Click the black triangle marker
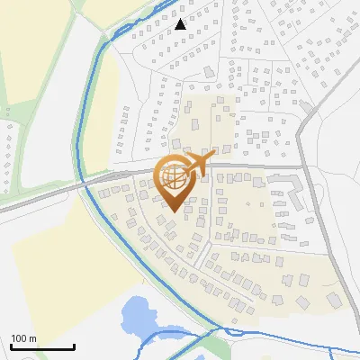(181, 24)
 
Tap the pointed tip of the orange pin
(175, 211)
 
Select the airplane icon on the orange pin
(198, 164)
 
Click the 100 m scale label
(24, 338)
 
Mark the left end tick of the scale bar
(11, 346)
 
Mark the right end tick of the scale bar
(74, 346)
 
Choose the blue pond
(137, 315)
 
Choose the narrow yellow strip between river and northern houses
(101, 117)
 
